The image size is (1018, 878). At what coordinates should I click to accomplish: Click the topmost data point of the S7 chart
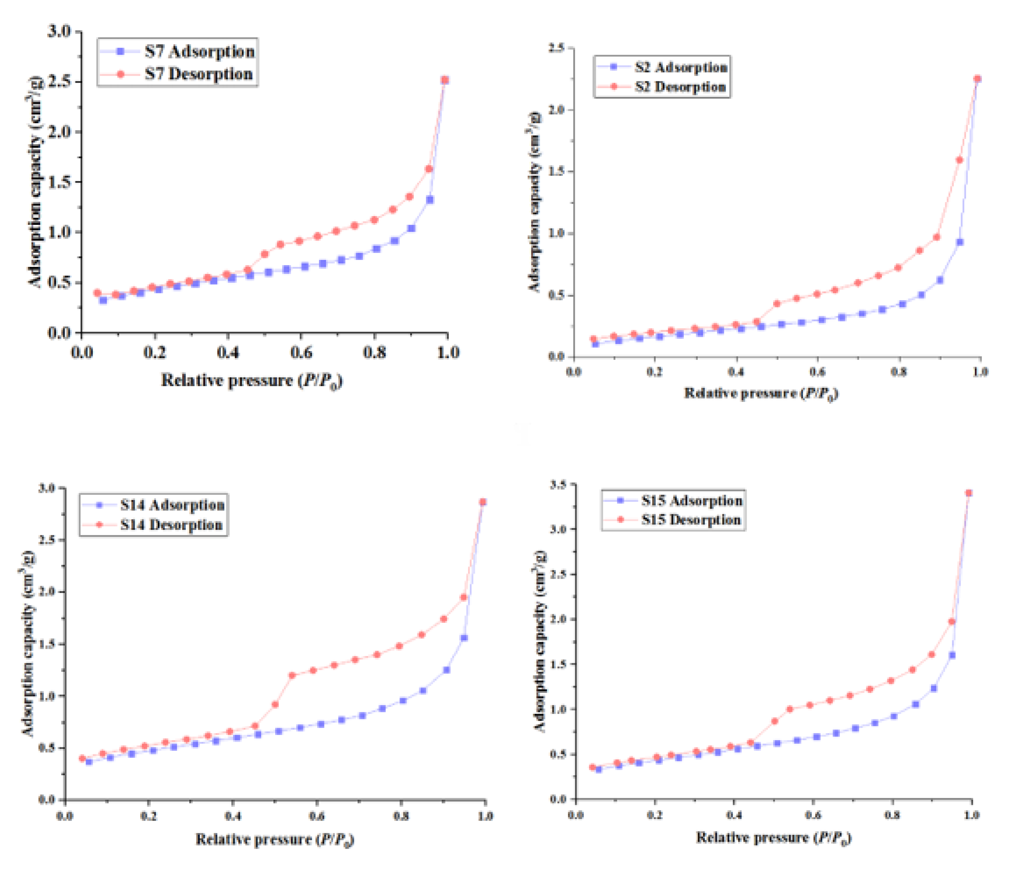445,80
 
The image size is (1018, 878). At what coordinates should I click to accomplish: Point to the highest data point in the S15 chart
969,493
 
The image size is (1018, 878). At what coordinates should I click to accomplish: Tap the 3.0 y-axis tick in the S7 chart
59,31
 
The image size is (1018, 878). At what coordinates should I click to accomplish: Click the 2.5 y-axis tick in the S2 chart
557,48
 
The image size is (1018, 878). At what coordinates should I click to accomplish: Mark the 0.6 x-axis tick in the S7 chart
301,352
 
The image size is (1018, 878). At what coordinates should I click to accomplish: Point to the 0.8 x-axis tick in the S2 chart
899,372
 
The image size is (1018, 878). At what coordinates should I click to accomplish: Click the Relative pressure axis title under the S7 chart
251,381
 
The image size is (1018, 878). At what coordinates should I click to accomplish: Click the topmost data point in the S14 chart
483,502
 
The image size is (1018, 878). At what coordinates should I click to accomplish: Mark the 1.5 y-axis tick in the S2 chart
557,172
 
